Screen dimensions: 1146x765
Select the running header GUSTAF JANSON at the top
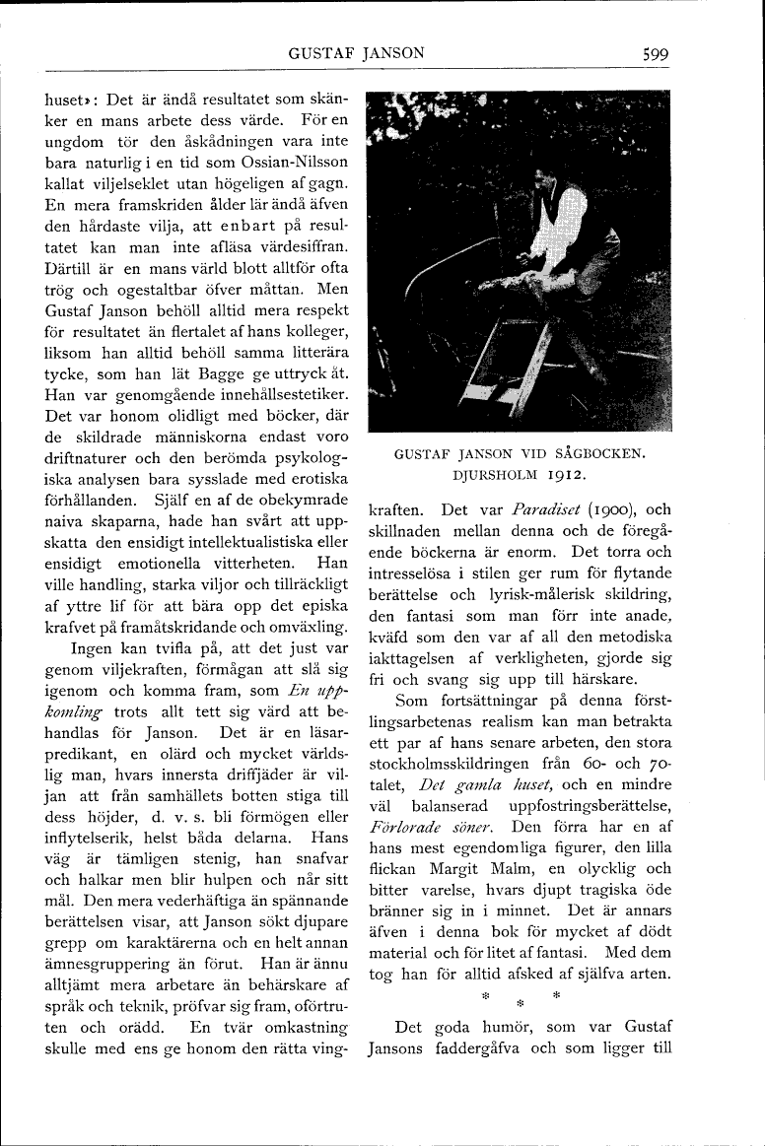356,54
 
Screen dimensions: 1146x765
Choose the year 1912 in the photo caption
561,475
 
